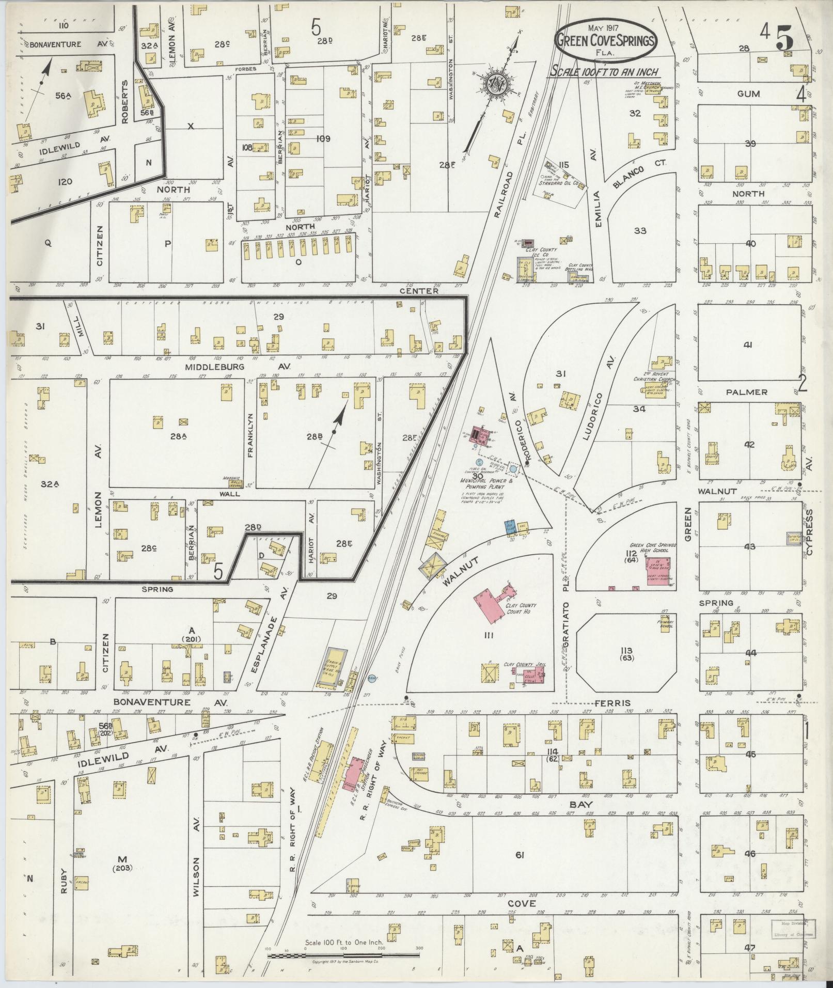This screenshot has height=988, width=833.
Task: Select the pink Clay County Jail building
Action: [533, 673]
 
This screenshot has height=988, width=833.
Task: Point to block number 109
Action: [323, 138]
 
